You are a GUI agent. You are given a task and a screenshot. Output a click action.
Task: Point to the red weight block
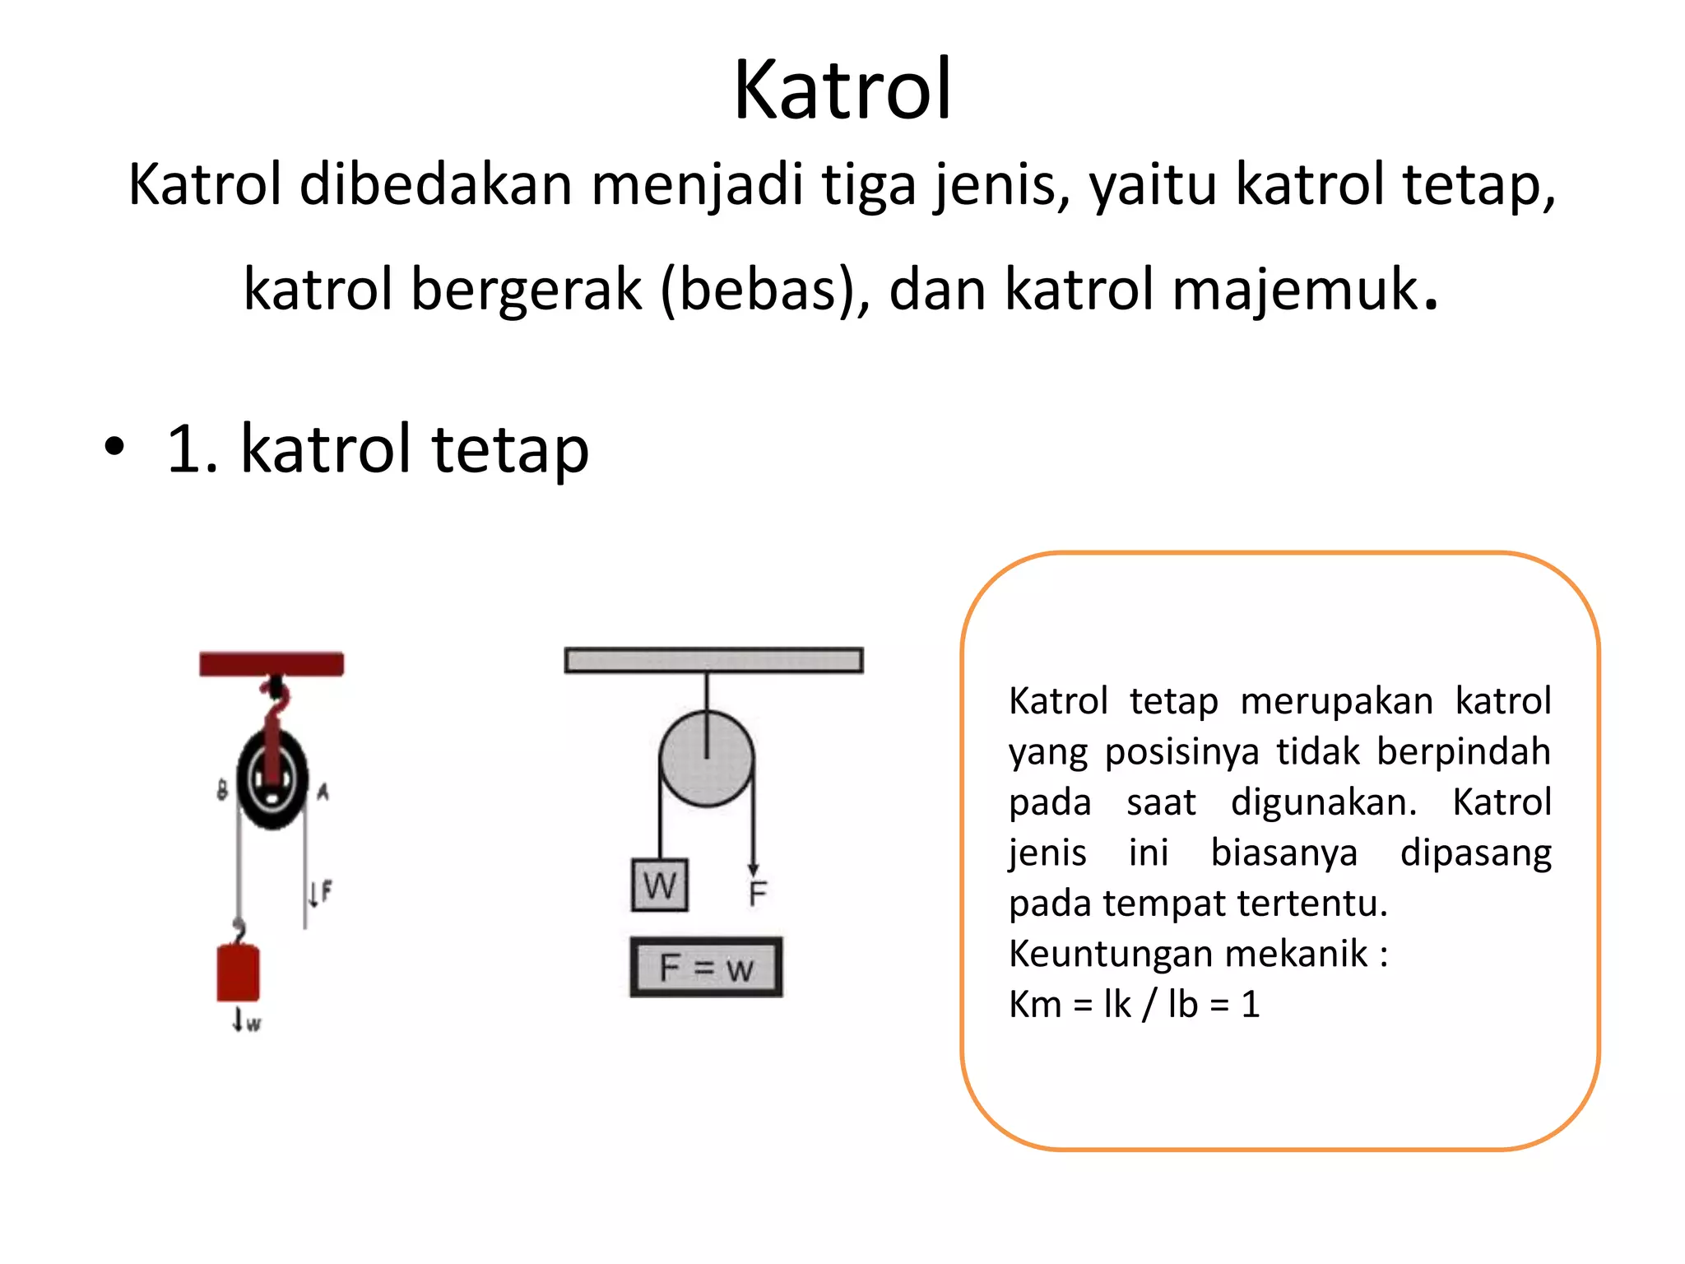pyautogui.click(x=238, y=974)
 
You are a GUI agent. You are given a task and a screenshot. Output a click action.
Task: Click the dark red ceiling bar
pyautogui.click(x=272, y=663)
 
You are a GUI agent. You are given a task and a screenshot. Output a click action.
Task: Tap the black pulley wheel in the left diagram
pyautogui.click(x=272, y=778)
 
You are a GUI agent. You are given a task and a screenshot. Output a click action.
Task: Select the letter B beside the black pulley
pyautogui.click(x=222, y=791)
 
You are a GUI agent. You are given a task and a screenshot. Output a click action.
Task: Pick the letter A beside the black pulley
pyautogui.click(x=323, y=792)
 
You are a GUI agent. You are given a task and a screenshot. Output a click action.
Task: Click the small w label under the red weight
pyautogui.click(x=253, y=1025)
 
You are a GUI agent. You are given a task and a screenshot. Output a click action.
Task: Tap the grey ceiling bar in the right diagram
pyautogui.click(x=713, y=660)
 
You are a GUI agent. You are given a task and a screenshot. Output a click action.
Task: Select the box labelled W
pyautogui.click(x=659, y=885)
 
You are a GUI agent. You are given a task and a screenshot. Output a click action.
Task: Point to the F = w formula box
pyautogui.click(x=706, y=968)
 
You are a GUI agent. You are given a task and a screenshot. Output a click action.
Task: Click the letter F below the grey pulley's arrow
pyautogui.click(x=758, y=893)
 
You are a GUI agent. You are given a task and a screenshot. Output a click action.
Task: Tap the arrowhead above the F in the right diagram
pyautogui.click(x=753, y=869)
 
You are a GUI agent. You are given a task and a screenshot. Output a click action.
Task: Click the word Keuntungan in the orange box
pyautogui.click(x=1106, y=954)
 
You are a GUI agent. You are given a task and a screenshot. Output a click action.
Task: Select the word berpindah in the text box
pyautogui.click(x=1463, y=751)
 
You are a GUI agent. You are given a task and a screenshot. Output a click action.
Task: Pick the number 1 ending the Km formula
pyautogui.click(x=1250, y=1005)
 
